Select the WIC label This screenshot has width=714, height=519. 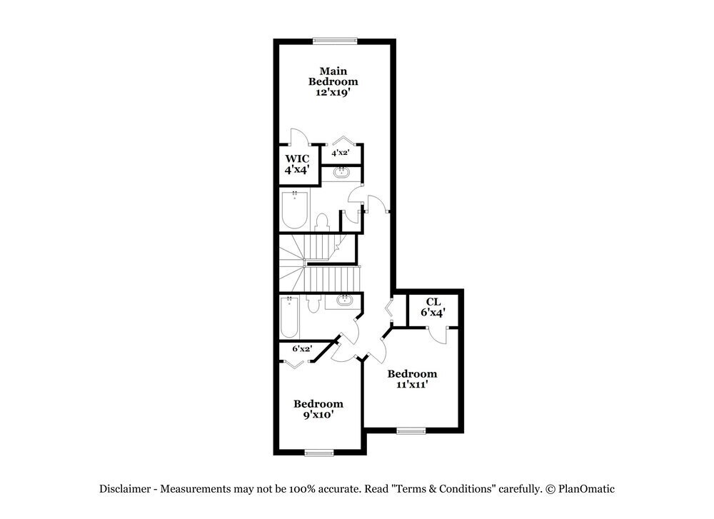297,158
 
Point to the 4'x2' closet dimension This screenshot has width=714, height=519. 339,152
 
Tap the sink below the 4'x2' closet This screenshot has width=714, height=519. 342,172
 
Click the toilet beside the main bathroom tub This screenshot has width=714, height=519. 322,221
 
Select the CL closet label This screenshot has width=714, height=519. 433,302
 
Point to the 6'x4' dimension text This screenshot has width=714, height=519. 433,313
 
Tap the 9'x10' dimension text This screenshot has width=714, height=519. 318,415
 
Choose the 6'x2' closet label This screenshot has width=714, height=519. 303,349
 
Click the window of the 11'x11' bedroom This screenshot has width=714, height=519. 411,430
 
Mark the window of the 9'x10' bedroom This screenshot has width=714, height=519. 318,452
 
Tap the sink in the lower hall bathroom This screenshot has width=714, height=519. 344,300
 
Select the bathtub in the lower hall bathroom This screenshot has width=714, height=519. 289,318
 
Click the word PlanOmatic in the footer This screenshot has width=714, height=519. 586,489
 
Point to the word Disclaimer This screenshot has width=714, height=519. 126,489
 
